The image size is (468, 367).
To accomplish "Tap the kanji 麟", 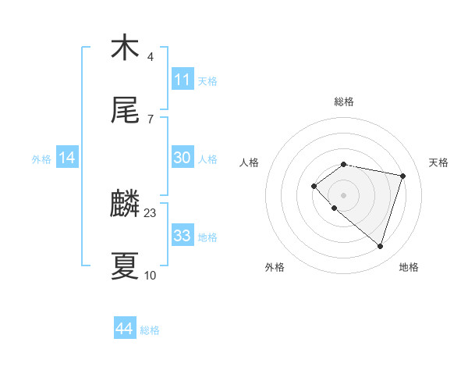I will tap(125, 205).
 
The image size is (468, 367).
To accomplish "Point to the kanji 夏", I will tap(125, 265).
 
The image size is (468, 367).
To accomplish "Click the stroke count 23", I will tap(151, 212).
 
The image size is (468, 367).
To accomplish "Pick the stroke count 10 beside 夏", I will tap(151, 275).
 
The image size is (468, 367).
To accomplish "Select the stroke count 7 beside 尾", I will tap(150, 119).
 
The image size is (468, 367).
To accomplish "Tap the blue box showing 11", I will tap(183, 80).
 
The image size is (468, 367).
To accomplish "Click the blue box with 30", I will tap(183, 158).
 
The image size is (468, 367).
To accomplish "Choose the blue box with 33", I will tap(183, 236).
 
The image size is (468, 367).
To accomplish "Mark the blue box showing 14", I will tap(67, 159).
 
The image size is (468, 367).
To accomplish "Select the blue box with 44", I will tap(125, 330).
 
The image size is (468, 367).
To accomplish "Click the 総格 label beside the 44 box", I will tap(150, 330).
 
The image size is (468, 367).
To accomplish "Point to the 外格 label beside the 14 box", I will tap(41, 159).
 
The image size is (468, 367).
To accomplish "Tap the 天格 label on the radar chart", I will tap(438, 162).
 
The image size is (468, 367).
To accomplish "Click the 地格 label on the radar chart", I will tap(409, 267).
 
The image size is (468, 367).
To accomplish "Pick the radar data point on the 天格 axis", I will tap(403, 176).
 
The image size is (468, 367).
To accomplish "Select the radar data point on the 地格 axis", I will tap(380, 246).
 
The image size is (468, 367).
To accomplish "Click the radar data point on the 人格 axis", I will tap(314, 185).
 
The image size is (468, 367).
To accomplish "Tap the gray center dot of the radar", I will tap(343, 194).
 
